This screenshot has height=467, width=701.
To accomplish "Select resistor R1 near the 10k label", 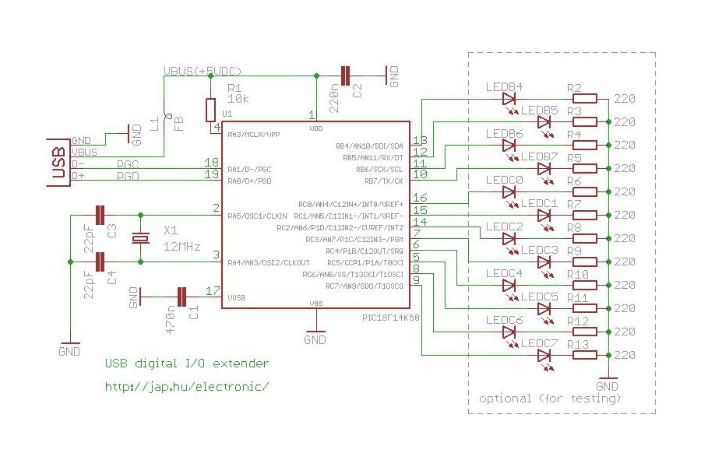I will coord(210,109).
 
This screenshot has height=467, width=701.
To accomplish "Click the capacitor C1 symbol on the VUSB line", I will coord(181,296).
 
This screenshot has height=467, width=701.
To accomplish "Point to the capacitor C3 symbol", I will coord(100,215).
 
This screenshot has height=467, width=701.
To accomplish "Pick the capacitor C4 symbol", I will coord(100,262).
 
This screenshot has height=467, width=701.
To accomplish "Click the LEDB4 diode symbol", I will coord(510,99).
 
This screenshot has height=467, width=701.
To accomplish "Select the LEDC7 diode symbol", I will coord(545,356).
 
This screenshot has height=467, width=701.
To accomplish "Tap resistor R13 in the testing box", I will coord(585,356).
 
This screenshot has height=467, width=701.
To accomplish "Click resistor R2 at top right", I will coord(585,99).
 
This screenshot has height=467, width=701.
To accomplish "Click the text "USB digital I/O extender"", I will coord(187,363).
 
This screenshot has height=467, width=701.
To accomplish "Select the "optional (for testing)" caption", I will coord(550,399).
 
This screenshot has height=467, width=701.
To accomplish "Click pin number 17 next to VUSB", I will coord(211,290).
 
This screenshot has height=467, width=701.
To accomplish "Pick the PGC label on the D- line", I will coord(129,164).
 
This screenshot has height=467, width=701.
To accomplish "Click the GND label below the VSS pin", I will coord(315,339).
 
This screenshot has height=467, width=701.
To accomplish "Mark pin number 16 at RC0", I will coord(419,198).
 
